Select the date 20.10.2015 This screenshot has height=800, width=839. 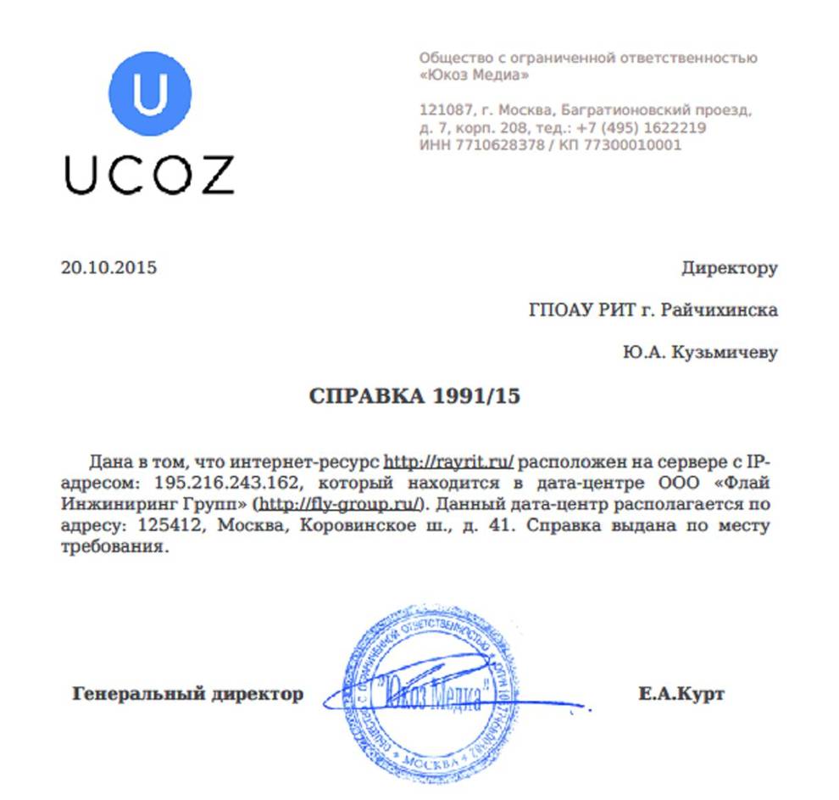pos(109,268)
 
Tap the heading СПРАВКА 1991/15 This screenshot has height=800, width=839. pos(414,396)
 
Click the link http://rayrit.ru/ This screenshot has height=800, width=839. pos(449,462)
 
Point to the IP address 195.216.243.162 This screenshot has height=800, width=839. pos(225,484)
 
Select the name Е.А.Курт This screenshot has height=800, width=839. pos(681,694)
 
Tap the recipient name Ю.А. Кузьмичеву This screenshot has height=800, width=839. pos(699,352)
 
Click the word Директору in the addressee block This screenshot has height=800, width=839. pos(729,268)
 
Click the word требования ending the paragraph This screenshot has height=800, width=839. pos(109,547)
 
